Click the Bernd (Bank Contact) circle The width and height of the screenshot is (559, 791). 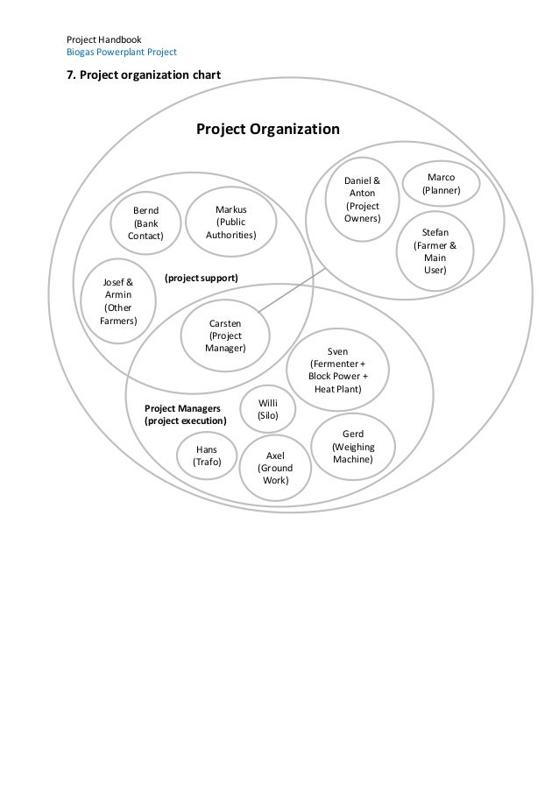(x=145, y=223)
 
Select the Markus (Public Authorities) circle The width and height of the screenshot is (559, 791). (x=230, y=222)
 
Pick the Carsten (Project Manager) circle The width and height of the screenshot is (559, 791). (x=225, y=335)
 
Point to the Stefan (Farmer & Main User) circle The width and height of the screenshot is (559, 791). (x=435, y=251)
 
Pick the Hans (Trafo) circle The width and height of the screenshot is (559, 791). (x=207, y=456)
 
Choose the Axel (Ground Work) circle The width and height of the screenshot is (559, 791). (x=275, y=468)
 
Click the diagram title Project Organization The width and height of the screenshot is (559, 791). (x=267, y=130)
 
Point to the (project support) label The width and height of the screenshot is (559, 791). (x=201, y=278)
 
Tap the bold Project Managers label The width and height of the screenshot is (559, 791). (x=182, y=408)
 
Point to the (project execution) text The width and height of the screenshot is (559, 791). (x=185, y=421)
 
